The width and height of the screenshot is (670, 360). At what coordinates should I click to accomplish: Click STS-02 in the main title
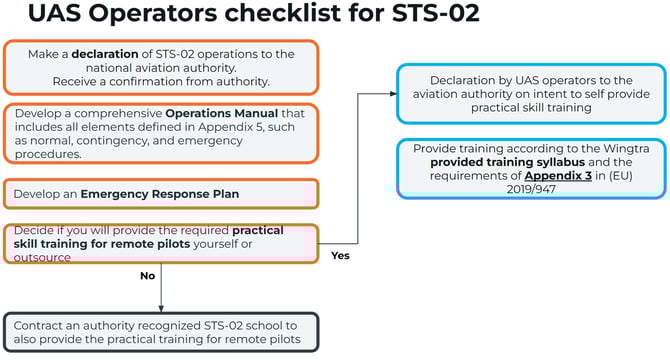(x=427, y=15)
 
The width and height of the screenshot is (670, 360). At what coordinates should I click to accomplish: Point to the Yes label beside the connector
(x=340, y=255)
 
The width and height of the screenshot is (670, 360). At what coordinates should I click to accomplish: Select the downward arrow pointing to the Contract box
(x=161, y=305)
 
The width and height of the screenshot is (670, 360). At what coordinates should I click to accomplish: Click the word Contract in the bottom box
(x=42, y=326)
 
